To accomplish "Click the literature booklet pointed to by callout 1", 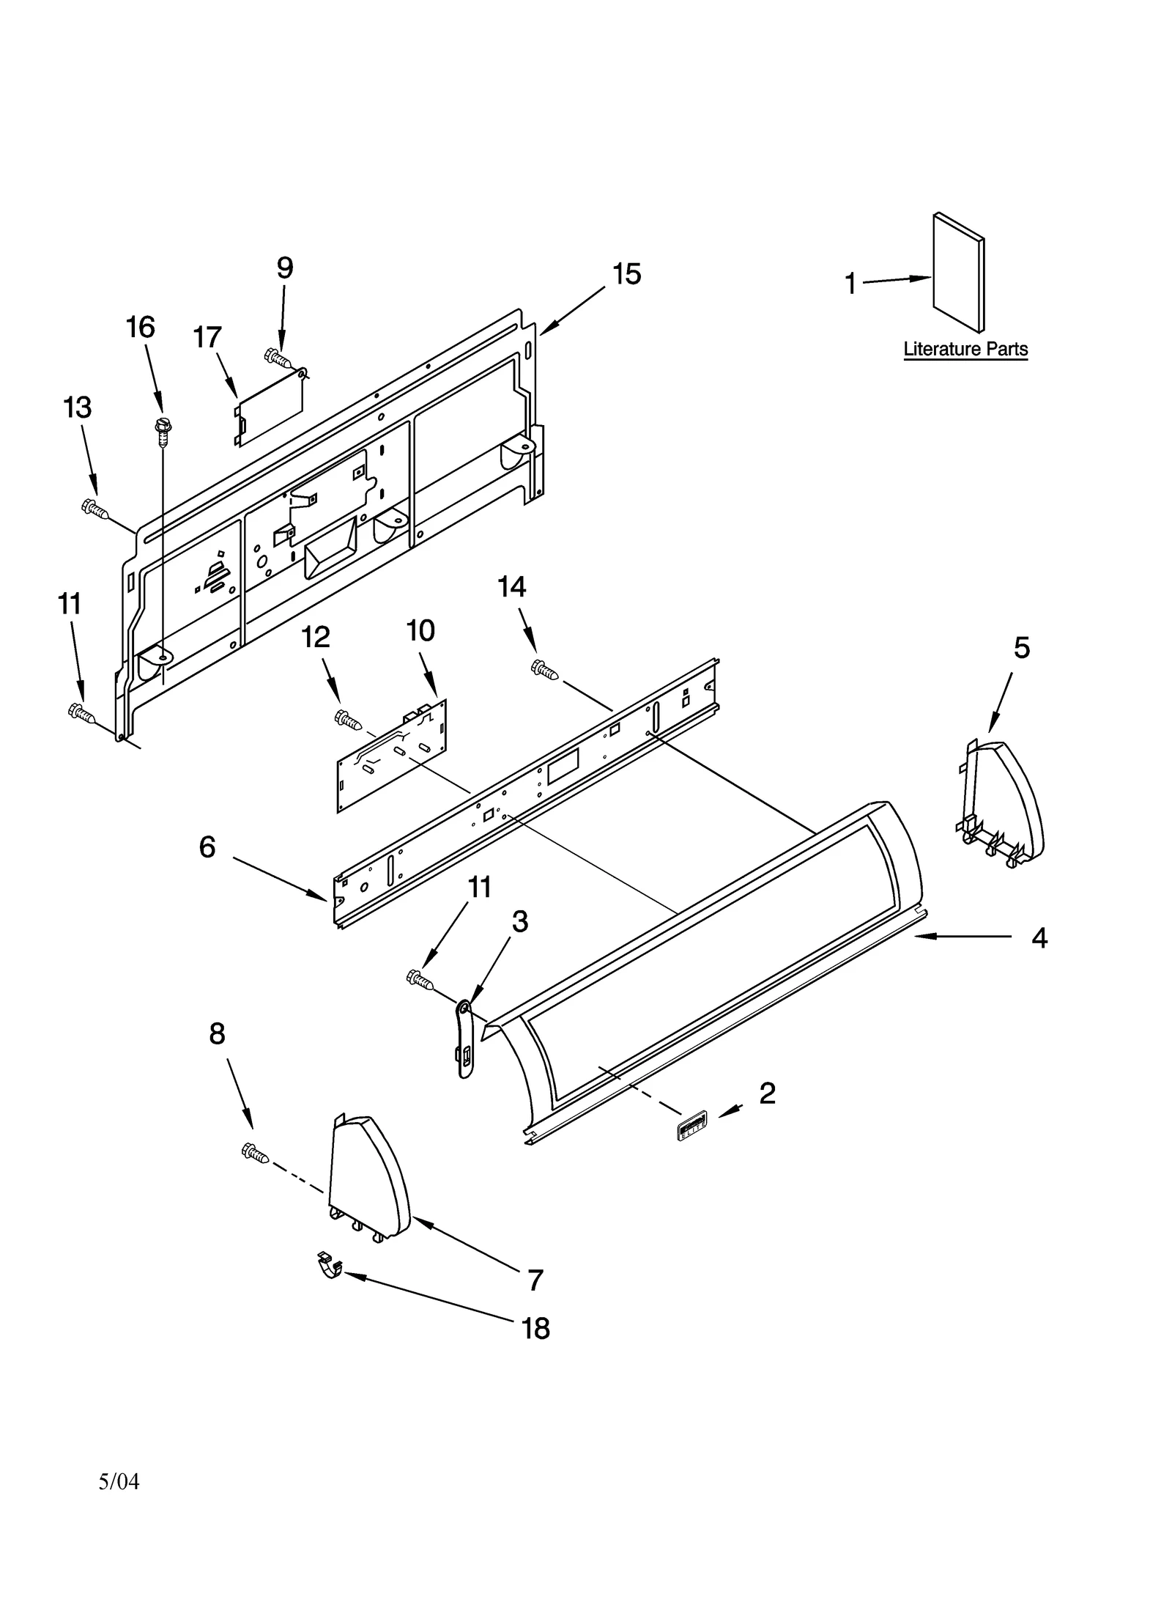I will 957,273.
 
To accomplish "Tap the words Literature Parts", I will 965,350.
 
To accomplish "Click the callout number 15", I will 626,274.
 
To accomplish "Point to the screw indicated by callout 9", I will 277,358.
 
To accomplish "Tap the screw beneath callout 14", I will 544,669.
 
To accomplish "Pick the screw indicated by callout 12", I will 347,720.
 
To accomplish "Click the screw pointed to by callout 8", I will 254,1154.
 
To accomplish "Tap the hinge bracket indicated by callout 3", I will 464,1039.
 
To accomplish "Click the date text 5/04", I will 119,1481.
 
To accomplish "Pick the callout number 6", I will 207,847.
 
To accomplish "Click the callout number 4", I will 1039,938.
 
